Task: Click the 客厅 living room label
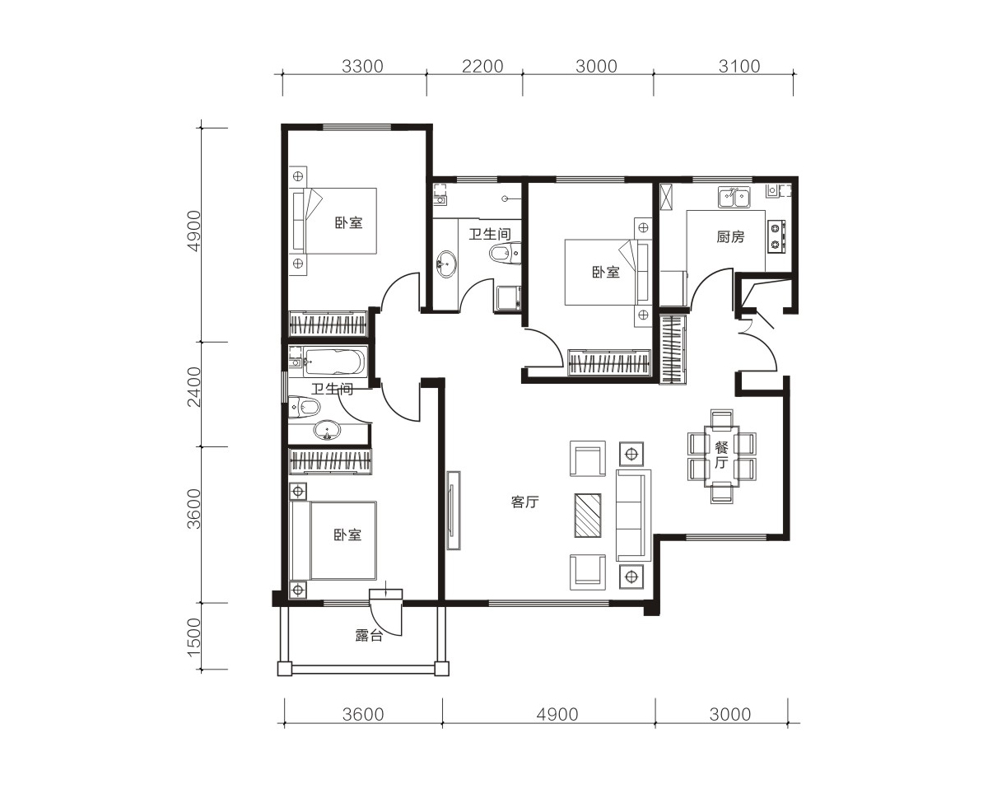coord(525,502)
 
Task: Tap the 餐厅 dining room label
coord(721,455)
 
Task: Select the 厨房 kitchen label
coord(730,237)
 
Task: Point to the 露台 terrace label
coord(369,635)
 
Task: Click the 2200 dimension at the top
coord(482,67)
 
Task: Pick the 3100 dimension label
coord(739,67)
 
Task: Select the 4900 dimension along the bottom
coord(557,715)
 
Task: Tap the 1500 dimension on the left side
coord(194,637)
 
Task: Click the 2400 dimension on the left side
coord(194,387)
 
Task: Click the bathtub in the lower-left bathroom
coord(334,362)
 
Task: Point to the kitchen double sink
coord(734,197)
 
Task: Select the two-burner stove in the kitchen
coord(776,236)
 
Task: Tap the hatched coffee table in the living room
coord(588,515)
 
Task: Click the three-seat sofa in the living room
coord(633,515)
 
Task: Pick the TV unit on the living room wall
coord(454,511)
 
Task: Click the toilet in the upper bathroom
coord(505,253)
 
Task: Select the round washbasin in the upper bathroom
coord(446,264)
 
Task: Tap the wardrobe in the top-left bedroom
coord(328,323)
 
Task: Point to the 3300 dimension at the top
coord(362,67)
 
